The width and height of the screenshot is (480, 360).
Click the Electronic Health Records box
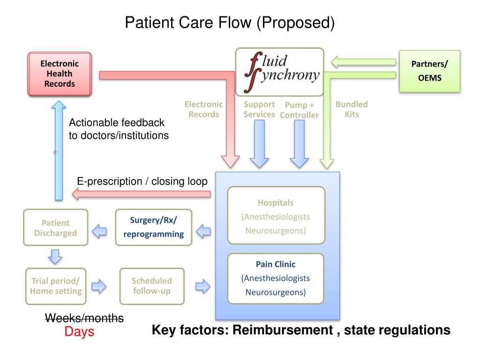point(60,74)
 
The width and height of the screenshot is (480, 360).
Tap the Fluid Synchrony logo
point(279,72)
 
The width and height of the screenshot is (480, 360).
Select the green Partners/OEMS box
point(429,71)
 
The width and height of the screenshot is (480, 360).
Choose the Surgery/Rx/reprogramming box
point(154,227)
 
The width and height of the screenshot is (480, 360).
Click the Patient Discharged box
point(55,228)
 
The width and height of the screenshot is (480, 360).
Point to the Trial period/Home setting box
point(55,285)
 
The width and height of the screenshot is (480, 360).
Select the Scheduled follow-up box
point(151,285)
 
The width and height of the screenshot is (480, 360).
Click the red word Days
point(79,332)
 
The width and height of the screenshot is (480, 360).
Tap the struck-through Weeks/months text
point(84,318)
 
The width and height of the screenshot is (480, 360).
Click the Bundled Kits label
point(352,109)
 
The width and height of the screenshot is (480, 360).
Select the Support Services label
point(259,109)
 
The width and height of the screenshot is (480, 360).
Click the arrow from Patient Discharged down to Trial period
point(55,256)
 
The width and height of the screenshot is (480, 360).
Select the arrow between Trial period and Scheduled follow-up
point(99,286)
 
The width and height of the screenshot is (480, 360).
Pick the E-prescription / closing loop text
point(142,182)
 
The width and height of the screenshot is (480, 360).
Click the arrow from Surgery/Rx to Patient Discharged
point(99,230)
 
